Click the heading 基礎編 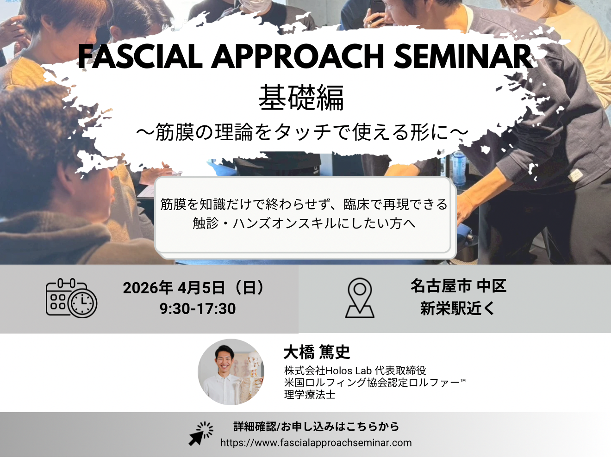301,98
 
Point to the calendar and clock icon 71,298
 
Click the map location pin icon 360,298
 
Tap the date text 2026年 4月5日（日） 194,288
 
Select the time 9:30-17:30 198,309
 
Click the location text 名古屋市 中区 458,286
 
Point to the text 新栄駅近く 457,309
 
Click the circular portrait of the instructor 231,372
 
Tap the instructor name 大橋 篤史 317,352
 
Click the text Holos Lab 349,371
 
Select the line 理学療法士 310,395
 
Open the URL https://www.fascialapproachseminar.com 316,442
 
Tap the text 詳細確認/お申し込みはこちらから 316,427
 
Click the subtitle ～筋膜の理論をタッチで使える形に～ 302,132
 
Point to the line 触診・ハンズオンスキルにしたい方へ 304,223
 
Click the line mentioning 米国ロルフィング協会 374,383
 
